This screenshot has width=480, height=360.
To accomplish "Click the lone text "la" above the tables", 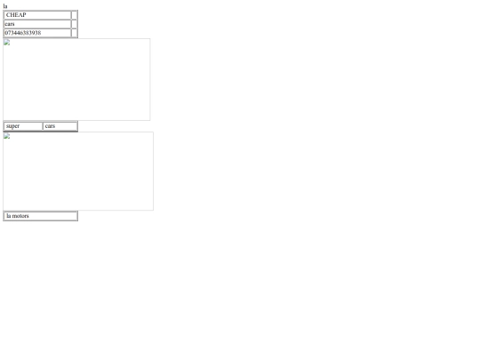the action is pyautogui.click(x=5, y=6).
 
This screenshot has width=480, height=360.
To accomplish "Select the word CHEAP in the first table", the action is pyautogui.click(x=16, y=15).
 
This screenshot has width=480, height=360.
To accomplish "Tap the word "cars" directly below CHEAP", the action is pyautogui.click(x=10, y=24).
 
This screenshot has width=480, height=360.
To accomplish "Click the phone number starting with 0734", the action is pyautogui.click(x=23, y=33).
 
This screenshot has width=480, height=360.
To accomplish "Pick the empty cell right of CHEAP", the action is pyautogui.click(x=74, y=15).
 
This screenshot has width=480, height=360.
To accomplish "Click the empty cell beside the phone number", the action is pyautogui.click(x=74, y=33).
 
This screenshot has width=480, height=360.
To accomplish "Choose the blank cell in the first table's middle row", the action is pyautogui.click(x=74, y=24).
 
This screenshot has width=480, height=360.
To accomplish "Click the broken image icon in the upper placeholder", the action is pyautogui.click(x=7, y=43).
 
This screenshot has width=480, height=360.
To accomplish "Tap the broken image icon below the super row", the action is pyautogui.click(x=7, y=136).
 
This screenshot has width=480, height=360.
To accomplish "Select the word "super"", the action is pyautogui.click(x=12, y=126).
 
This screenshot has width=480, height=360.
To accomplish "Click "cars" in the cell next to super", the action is pyautogui.click(x=50, y=126).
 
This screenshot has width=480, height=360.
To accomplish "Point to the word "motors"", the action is pyautogui.click(x=20, y=216).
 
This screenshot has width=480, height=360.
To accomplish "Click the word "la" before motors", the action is pyautogui.click(x=9, y=216).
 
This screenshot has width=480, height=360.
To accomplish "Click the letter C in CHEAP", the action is pyautogui.click(x=8, y=15).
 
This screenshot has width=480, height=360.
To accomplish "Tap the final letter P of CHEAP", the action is pyautogui.click(x=24, y=15).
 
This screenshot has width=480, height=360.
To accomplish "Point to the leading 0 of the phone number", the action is pyautogui.click(x=7, y=33).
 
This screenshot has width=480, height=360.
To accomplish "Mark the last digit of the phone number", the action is pyautogui.click(x=39, y=33).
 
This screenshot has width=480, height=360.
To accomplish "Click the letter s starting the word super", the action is pyautogui.click(x=7, y=126).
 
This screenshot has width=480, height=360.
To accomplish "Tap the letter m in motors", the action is pyautogui.click(x=14, y=216).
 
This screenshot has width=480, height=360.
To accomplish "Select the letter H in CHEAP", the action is pyautogui.click(x=12, y=15).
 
